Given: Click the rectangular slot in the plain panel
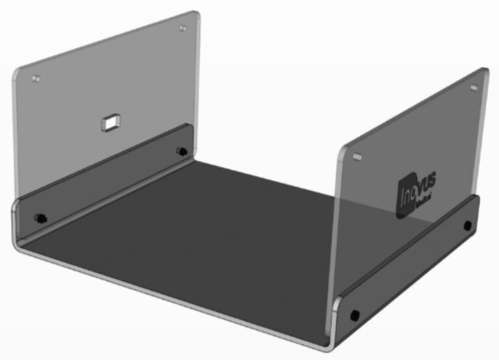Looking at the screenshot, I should point(110,121).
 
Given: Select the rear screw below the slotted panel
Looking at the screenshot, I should point(181,152).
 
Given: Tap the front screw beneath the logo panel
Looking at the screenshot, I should point(354,315).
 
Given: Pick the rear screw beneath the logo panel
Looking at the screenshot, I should point(467,226).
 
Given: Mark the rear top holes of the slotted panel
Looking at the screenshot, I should point(181,30).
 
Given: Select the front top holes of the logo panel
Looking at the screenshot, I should point(356,157).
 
